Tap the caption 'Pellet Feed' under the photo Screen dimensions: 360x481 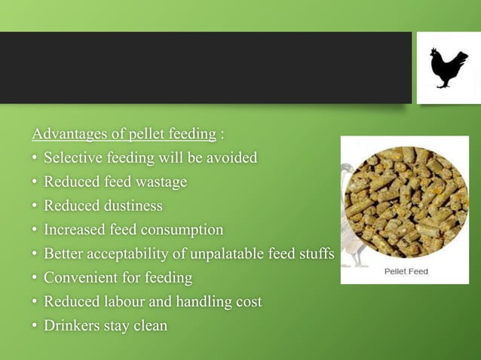(406, 271)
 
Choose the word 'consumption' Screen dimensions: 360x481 (180, 230)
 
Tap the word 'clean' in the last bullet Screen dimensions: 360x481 (149, 326)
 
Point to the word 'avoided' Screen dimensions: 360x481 (231, 158)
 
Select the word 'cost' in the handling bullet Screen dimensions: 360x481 (248, 302)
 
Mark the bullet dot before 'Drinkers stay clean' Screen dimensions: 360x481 (35, 326)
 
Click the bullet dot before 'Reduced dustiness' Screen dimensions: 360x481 (35, 206)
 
